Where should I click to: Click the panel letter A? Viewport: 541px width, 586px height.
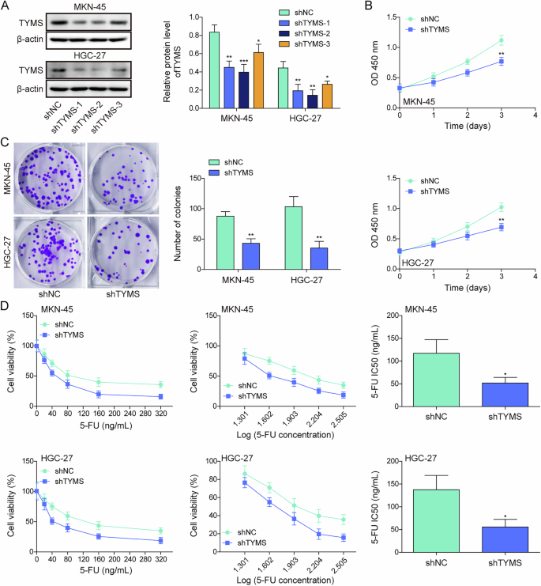click(6, 7)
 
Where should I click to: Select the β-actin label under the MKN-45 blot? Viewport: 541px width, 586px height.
click(21, 37)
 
